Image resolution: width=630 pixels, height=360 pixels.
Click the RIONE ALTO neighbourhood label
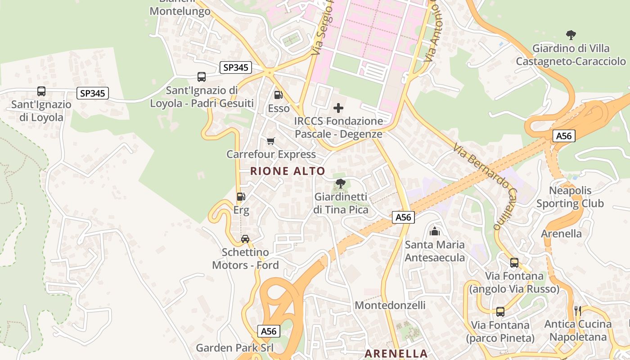288,171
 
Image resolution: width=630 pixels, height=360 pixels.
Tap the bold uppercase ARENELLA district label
396,354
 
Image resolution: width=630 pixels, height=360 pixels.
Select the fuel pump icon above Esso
279,95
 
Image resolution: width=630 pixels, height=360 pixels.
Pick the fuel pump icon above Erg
241,197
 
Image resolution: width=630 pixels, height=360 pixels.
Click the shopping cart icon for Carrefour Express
271,141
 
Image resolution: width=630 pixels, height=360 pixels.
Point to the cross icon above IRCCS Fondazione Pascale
338,108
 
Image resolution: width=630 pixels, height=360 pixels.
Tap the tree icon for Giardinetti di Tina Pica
341,184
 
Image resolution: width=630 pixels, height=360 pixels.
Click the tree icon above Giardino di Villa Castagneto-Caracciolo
571,35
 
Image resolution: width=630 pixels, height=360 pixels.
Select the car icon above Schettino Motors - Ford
245,239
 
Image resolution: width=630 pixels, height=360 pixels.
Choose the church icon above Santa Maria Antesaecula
435,232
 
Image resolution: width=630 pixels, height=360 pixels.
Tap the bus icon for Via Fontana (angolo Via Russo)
514,263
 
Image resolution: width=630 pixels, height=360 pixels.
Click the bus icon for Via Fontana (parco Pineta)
500,311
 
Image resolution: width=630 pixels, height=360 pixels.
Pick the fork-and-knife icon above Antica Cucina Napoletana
578,310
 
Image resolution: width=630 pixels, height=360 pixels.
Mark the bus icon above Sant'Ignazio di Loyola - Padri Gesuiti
202,77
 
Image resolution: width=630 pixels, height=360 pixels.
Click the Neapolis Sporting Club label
570,197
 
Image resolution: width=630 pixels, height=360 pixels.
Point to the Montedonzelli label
390,306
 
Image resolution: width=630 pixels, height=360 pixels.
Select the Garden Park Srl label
234,348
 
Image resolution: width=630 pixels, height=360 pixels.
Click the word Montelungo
180,11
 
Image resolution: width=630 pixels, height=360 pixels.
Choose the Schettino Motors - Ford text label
246,259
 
